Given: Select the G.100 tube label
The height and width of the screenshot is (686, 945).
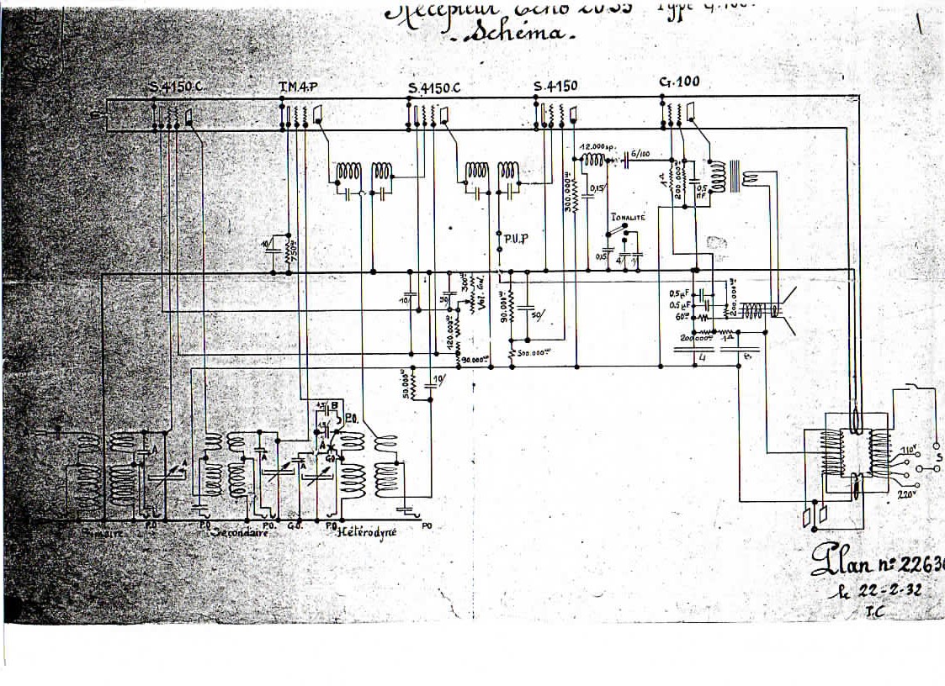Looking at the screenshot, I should (680, 82).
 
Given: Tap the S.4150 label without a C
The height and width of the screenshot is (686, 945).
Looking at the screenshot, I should (557, 87).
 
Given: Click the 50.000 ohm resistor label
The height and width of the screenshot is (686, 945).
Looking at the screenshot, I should (406, 386).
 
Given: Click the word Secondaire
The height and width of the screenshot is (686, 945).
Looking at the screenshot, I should (242, 533).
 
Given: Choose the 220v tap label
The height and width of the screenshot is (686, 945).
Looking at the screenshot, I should (905, 495).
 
